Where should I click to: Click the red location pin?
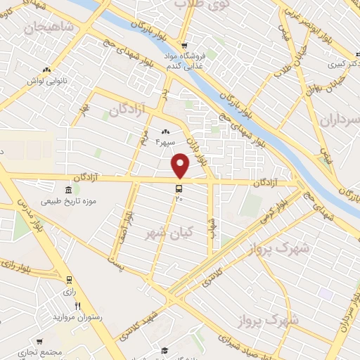click(x=181, y=165)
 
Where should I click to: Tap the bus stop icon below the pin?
click(x=179, y=188)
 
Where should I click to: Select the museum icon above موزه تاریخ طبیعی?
click(x=68, y=191)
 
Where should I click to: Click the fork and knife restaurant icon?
click(x=77, y=306)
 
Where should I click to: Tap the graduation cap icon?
click(x=165, y=350)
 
